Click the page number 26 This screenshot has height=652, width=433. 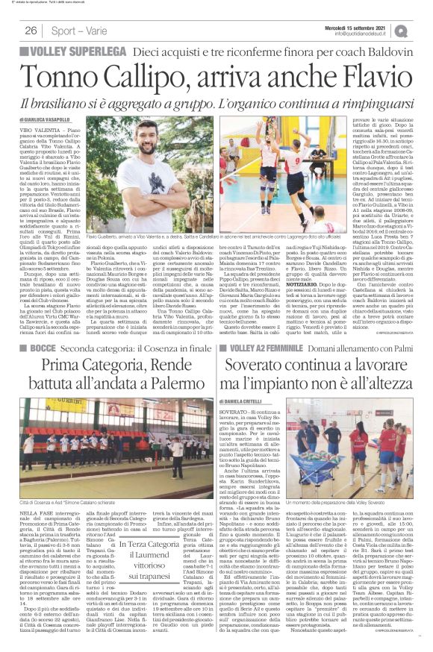31,31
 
